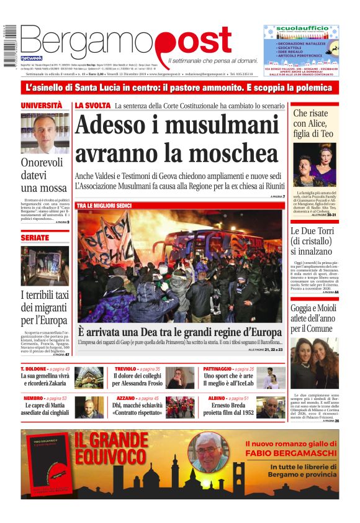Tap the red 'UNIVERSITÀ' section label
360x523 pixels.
42,106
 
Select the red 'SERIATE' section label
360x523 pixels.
35,238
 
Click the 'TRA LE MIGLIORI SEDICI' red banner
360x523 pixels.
104,205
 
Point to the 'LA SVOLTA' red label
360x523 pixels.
92,106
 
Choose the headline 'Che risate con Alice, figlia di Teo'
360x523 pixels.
315,124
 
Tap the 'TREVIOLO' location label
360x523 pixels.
125,369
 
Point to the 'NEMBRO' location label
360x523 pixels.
34,398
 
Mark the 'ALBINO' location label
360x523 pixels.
217,398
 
